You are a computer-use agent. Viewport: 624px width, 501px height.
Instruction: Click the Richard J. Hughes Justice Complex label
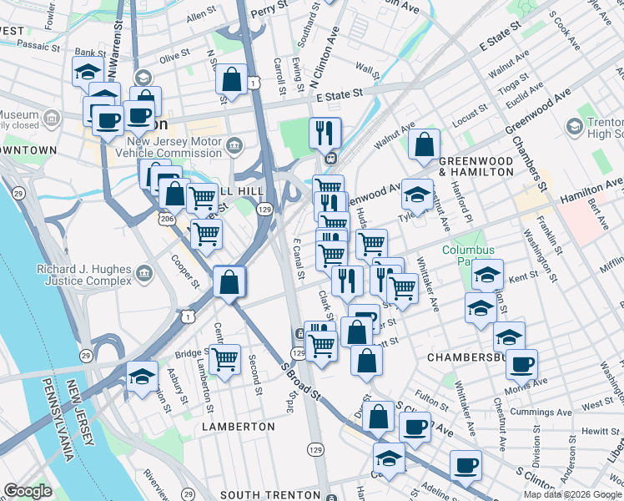[x=83, y=276]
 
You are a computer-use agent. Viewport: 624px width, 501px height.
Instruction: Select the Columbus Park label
[x=468, y=256]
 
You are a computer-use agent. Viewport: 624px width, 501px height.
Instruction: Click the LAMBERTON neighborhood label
[x=238, y=427]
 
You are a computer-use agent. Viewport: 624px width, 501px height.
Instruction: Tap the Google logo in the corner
[x=28, y=491]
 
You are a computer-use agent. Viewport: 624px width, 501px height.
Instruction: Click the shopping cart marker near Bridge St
[x=224, y=360]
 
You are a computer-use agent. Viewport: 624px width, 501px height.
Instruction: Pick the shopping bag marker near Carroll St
[x=231, y=80]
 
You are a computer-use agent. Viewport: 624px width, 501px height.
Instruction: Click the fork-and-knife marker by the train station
[x=325, y=133]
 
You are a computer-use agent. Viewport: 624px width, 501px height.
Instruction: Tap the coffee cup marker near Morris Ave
[x=521, y=365]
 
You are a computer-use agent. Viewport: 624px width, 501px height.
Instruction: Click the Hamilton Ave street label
[x=591, y=189]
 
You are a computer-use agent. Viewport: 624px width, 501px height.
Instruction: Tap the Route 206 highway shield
[x=166, y=218]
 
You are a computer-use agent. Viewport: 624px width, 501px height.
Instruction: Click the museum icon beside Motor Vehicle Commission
[x=234, y=146]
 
